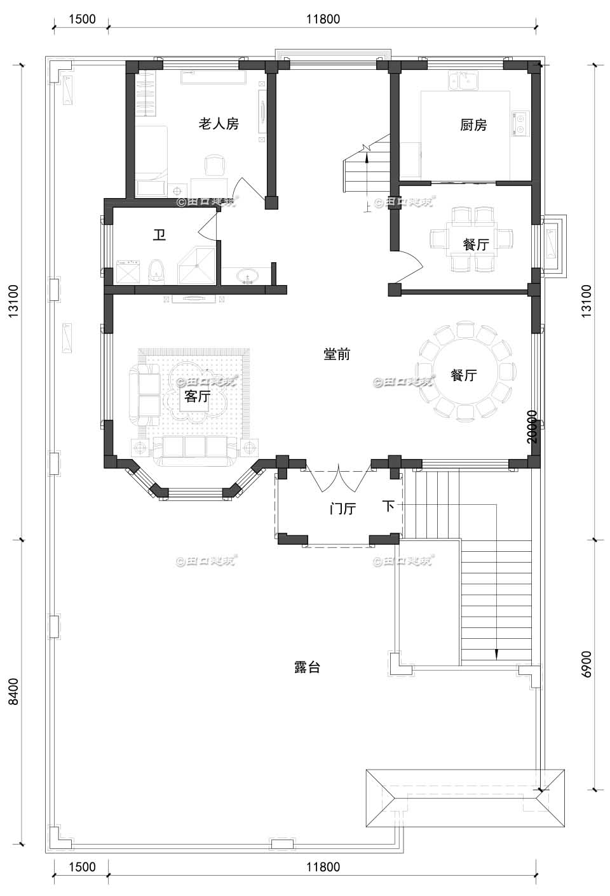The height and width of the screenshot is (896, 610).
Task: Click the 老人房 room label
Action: click(x=219, y=124)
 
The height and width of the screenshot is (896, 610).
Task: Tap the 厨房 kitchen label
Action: click(x=473, y=125)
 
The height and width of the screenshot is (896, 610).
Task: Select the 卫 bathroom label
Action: click(x=159, y=236)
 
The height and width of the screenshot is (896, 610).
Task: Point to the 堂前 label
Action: click(x=337, y=354)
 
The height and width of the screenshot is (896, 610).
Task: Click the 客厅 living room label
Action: click(x=197, y=397)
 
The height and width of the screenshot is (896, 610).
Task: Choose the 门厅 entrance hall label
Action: click(x=342, y=509)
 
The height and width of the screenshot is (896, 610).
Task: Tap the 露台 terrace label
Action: click(x=307, y=667)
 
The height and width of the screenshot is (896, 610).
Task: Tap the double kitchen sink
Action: click(x=464, y=81)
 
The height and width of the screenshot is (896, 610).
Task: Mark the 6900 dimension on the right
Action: click(x=586, y=664)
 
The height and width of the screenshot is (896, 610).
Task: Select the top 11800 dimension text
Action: click(x=323, y=19)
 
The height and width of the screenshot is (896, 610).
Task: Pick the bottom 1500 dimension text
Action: click(x=81, y=867)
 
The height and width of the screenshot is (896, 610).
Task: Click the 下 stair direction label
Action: click(x=389, y=506)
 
